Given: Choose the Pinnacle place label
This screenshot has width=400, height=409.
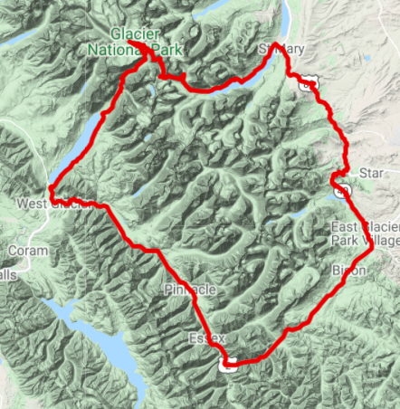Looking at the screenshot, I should tap(190, 289).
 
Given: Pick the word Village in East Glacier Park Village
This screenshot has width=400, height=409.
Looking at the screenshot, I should tap(380, 242).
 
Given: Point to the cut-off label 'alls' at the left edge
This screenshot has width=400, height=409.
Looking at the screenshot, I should tap(7, 274).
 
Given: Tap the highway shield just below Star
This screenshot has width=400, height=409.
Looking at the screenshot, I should tap(342, 191).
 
